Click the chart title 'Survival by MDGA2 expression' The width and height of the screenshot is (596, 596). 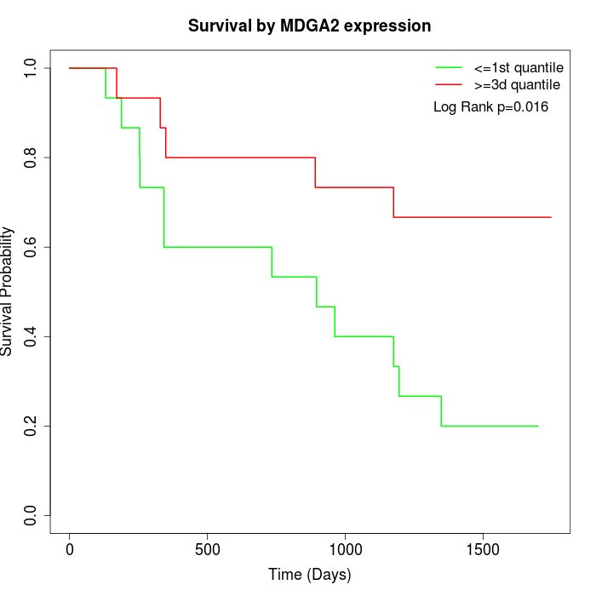(310, 26)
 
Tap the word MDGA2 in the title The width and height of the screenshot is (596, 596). (319, 26)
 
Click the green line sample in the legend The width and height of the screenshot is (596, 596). (449, 67)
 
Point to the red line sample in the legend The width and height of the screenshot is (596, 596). (449, 84)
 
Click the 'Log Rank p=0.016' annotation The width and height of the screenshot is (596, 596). (490, 106)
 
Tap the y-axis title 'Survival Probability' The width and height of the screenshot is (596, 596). (8, 291)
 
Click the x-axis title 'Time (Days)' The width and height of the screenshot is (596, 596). (310, 575)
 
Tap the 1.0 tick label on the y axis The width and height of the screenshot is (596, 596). (31, 68)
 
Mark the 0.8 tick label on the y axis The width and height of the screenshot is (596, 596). (31, 158)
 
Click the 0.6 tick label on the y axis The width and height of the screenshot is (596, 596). (31, 247)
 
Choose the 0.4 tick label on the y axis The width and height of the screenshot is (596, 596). (31, 336)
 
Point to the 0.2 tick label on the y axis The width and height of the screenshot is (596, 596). (31, 426)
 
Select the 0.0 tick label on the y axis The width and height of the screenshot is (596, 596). (31, 515)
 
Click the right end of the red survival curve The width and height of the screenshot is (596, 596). (551, 217)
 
